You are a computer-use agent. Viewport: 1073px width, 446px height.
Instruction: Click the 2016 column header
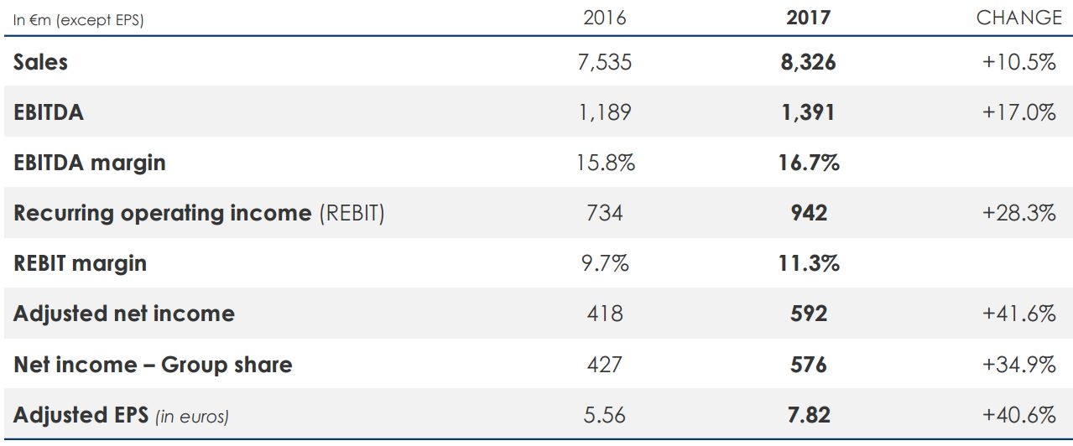coord(604,18)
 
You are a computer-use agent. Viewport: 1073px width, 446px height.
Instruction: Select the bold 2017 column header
coord(808,18)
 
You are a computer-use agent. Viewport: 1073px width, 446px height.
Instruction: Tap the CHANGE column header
coord(1018,18)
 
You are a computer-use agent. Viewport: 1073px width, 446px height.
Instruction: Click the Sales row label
coord(40,62)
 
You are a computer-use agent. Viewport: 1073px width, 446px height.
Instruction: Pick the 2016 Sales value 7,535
coord(604,62)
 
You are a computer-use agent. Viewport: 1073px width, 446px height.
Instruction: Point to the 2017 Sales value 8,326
coord(808,62)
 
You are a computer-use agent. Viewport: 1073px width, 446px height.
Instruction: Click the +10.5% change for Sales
coord(1018,62)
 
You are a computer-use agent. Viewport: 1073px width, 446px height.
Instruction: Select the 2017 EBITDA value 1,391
coord(808,112)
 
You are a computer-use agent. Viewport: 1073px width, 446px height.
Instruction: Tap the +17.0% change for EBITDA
coord(1018,112)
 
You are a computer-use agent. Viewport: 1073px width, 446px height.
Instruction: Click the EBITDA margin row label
coord(90,163)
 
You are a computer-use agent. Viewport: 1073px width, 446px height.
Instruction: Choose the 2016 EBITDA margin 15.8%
coord(606,163)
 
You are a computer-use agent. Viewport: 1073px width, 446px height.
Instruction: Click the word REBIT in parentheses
coord(351,213)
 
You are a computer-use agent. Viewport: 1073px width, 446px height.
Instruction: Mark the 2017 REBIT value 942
coord(808,213)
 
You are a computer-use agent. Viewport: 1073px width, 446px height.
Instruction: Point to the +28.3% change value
coord(1018,213)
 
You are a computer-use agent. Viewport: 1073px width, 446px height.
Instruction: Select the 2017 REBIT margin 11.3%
coord(809,263)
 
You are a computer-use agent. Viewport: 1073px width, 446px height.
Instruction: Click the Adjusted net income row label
coord(124,314)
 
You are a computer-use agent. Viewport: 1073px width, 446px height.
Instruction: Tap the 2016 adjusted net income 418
coord(605,314)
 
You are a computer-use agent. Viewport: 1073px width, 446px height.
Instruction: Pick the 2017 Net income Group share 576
coord(808,365)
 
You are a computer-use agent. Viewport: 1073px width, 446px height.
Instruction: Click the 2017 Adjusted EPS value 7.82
coord(808,415)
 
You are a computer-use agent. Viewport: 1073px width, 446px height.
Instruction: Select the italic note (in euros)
coord(192,416)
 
